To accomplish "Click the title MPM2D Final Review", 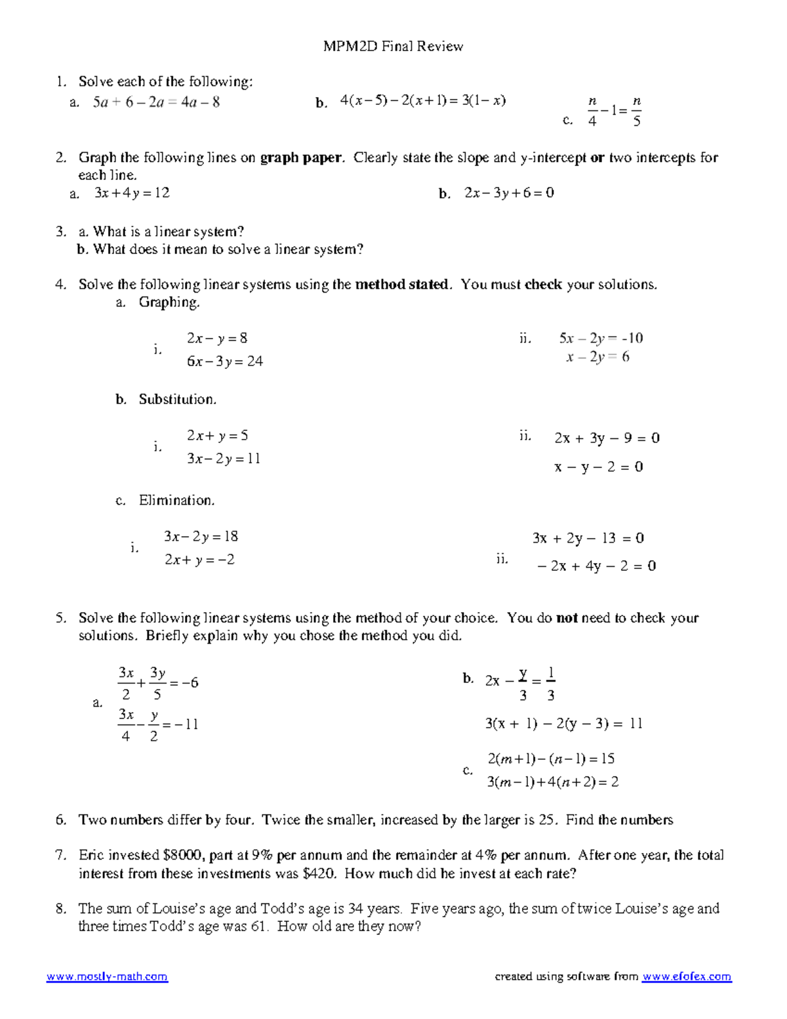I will click(x=393, y=46).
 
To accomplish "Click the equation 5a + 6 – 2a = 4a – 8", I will click(x=156, y=102).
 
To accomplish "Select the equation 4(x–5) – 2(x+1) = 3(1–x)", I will click(x=423, y=100).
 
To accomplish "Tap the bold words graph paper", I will click(x=301, y=157).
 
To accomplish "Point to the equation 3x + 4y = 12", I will click(x=132, y=193).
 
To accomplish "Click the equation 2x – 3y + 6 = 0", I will click(x=509, y=193).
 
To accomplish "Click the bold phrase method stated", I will click(x=402, y=285).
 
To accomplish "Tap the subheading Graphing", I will click(x=169, y=302).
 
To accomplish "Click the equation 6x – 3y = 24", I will click(x=225, y=362).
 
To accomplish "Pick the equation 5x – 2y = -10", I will click(x=601, y=339).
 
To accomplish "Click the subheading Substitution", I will click(x=177, y=400).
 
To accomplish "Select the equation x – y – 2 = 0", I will click(x=599, y=467).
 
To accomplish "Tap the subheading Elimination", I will click(x=176, y=501).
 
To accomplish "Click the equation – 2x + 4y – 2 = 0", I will click(x=596, y=566).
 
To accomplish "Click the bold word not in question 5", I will click(x=566, y=618).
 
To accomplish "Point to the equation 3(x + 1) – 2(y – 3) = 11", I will click(x=563, y=724).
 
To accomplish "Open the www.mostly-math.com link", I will click(x=107, y=977).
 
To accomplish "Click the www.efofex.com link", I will click(x=686, y=977).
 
